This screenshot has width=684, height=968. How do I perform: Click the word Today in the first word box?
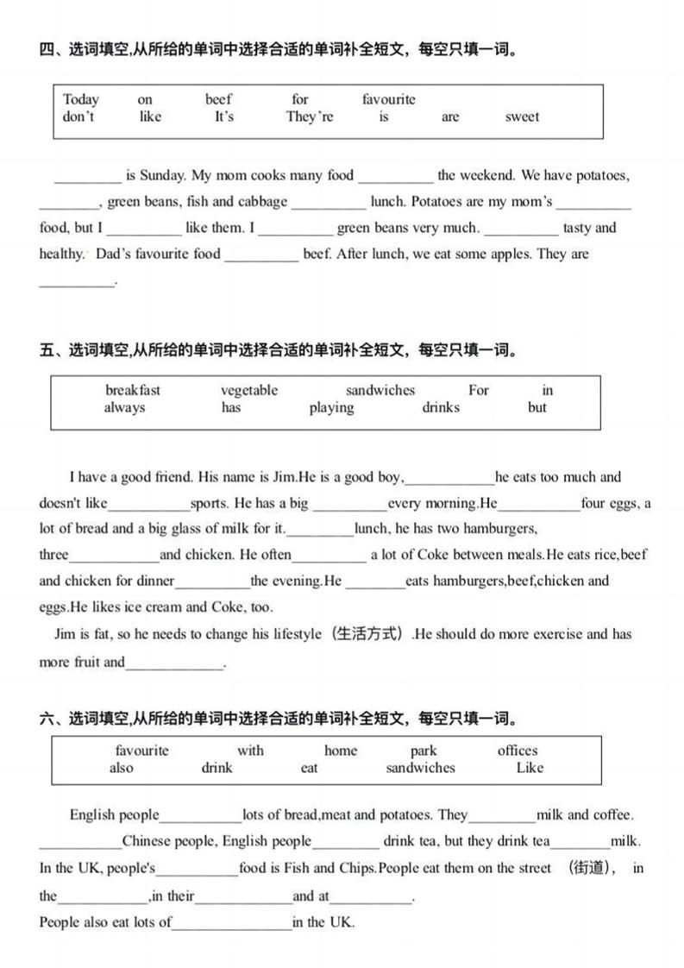[x=81, y=99]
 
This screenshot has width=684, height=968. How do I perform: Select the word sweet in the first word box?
[x=522, y=116]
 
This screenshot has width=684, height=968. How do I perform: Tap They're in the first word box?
[x=310, y=116]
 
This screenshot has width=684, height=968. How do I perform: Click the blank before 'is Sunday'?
[x=88, y=178]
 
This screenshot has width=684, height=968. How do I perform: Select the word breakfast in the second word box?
[x=133, y=390]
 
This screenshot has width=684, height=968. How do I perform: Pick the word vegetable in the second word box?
[x=249, y=390]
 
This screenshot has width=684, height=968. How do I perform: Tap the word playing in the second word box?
[x=331, y=407]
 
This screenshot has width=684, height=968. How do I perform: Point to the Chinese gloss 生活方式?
[x=368, y=634]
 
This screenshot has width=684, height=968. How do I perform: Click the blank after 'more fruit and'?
[x=174, y=664]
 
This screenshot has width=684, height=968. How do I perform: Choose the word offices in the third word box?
[x=517, y=751]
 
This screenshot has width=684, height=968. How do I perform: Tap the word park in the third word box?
[x=424, y=751]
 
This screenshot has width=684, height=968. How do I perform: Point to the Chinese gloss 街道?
[x=592, y=868]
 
